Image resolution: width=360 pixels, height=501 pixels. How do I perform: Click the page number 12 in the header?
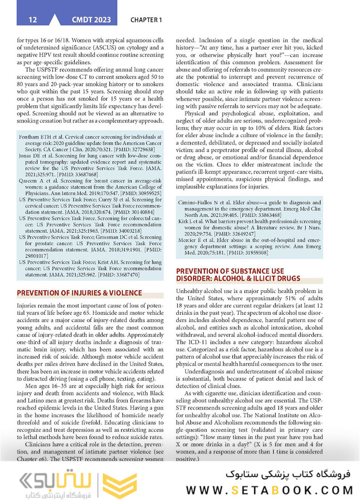32,20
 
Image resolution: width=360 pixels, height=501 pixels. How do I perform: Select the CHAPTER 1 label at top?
146,20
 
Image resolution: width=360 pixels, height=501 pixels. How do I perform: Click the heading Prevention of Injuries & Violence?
79,293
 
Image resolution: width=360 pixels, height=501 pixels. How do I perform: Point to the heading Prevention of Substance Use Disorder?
238,275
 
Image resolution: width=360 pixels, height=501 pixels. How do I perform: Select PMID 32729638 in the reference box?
141,150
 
